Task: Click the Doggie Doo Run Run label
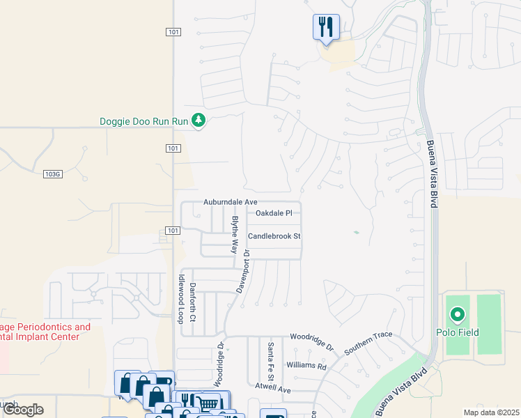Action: tap(144, 121)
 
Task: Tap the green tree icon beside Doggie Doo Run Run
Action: tap(199, 121)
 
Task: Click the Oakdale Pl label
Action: tap(278, 213)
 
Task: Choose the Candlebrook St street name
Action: tap(274, 236)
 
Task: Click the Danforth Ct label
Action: tap(192, 300)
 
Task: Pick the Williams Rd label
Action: tap(306, 366)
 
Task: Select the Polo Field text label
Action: tap(457, 332)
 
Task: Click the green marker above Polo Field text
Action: tap(457, 316)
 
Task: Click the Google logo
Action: tap(23, 410)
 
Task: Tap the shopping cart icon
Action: tap(208, 403)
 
